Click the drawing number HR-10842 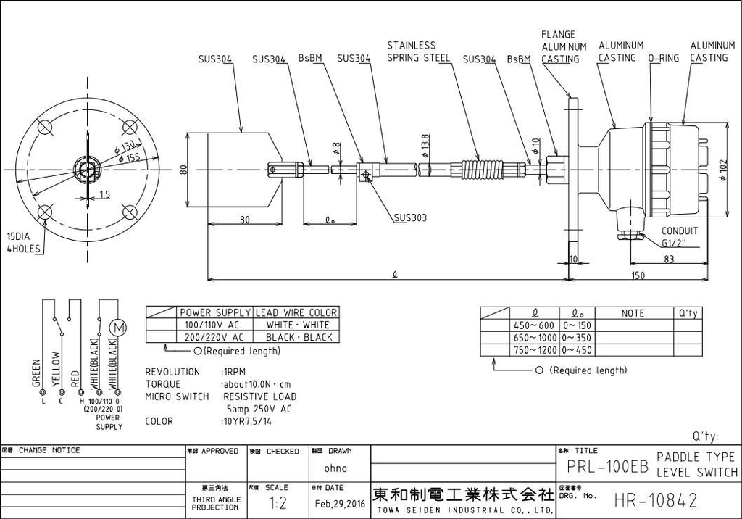[655, 500]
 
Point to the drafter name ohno [335, 468]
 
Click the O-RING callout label [663, 58]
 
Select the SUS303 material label [412, 217]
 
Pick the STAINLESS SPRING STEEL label [418, 51]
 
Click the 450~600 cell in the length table [534, 325]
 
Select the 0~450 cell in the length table [578, 350]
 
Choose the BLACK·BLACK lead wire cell [298, 337]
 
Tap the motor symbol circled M [118, 328]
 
